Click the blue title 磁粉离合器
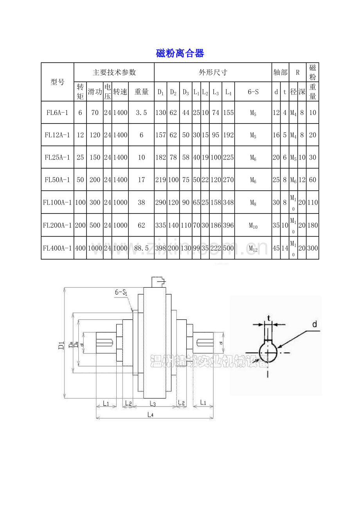tap(180, 53)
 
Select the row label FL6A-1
tap(58, 113)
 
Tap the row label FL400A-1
tap(58, 247)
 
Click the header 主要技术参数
tap(114, 72)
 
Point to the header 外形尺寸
tap(213, 72)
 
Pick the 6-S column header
tap(253, 92)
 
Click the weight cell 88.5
tap(141, 247)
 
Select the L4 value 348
tap(228, 203)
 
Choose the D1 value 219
tap(160, 180)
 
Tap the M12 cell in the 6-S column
tap(253, 248)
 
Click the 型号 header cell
tap(58, 82)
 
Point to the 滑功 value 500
tap(95, 225)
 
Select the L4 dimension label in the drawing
tap(150, 415)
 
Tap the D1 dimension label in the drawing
tap(61, 346)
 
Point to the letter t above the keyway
tap(268, 317)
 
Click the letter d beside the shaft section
tap(314, 324)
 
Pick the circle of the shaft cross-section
tap(268, 353)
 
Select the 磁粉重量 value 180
tap(312, 225)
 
